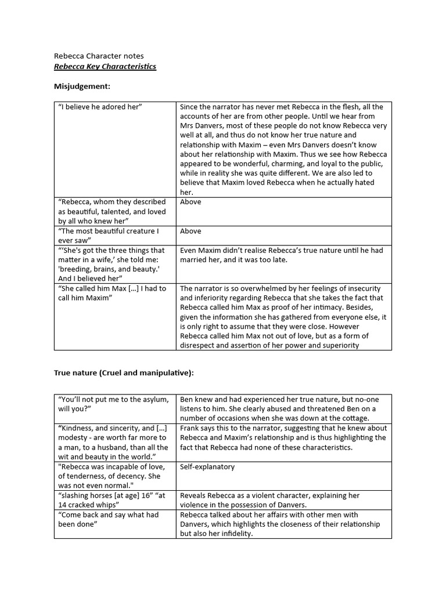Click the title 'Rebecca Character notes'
tap(99, 56)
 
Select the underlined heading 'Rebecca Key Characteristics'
tap(105, 67)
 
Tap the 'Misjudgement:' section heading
tap(82, 86)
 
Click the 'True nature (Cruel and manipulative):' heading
tap(124, 373)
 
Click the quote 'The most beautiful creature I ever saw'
tap(107, 236)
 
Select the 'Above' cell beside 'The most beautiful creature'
tap(190, 231)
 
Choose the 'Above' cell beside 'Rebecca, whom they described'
tap(190, 202)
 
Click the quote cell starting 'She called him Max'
tap(112, 293)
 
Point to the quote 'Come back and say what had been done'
tap(108, 519)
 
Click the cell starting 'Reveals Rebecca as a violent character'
tap(269, 500)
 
